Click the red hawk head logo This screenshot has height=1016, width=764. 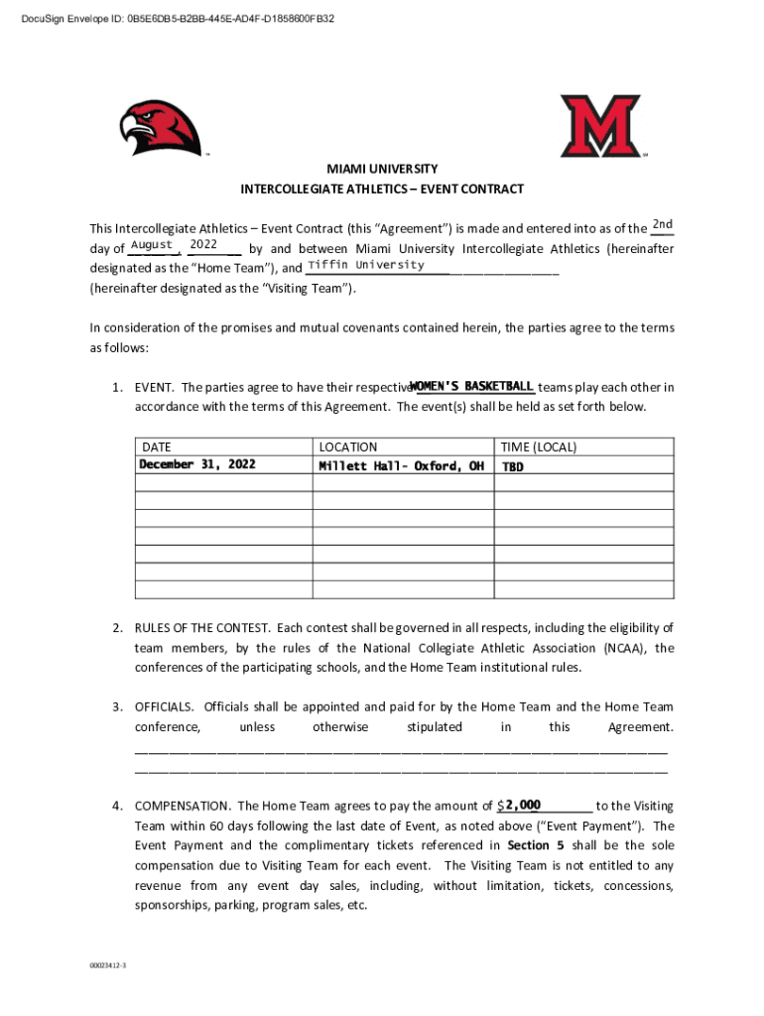pos(160,128)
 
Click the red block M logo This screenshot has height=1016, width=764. pos(599,125)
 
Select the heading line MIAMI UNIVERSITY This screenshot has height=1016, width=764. pos(382,170)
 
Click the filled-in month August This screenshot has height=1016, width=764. pos(152,245)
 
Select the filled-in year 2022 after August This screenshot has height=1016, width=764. pos(203,244)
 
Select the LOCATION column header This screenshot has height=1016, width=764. pos(347,447)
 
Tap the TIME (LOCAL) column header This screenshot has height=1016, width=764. pos(539,447)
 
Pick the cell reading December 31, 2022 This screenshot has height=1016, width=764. pos(196,464)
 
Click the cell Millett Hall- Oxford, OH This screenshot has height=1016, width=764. pos(401,465)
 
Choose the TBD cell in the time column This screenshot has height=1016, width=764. pos(512,466)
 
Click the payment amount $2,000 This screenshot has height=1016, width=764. pos(520,805)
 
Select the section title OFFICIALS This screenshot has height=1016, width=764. pos(166,706)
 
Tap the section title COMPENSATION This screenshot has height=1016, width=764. pos(183,806)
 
